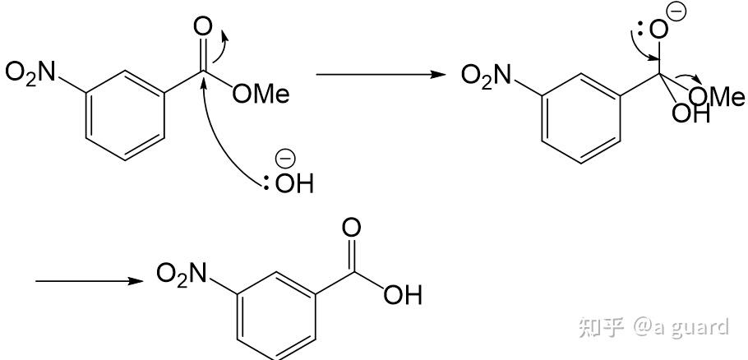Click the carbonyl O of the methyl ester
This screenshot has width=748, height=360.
(x=201, y=28)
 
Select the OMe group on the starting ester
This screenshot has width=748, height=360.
(x=261, y=95)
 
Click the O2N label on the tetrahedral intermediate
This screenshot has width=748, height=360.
(x=487, y=76)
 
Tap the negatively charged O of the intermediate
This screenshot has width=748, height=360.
(x=658, y=30)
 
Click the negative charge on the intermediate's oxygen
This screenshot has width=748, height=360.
(x=680, y=12)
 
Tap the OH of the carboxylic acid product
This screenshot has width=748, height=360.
(x=402, y=294)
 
